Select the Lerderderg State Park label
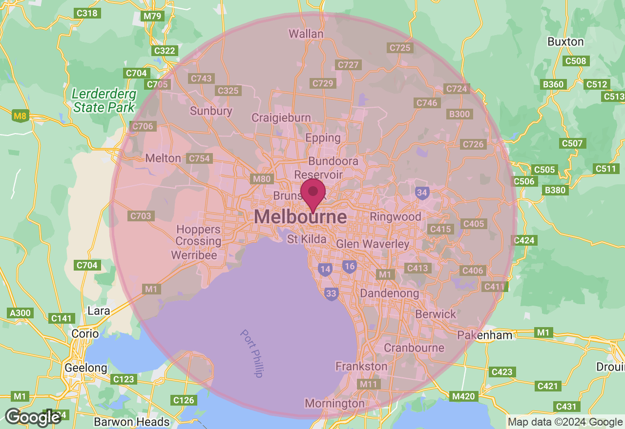tap(104, 100)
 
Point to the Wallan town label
tap(306, 34)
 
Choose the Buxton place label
tap(565, 41)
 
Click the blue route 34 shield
tap(422, 193)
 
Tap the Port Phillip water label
tap(252, 353)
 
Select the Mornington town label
tap(334, 404)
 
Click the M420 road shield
tap(463, 396)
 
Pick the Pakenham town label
tap(485, 335)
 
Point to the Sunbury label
tap(211, 111)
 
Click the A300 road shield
tap(20, 313)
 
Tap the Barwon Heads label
tap(132, 422)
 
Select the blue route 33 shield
tap(332, 293)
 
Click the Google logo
tap(33, 417)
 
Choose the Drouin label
tap(610, 366)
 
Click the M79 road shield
tap(152, 16)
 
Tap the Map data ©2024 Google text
tap(565, 422)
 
